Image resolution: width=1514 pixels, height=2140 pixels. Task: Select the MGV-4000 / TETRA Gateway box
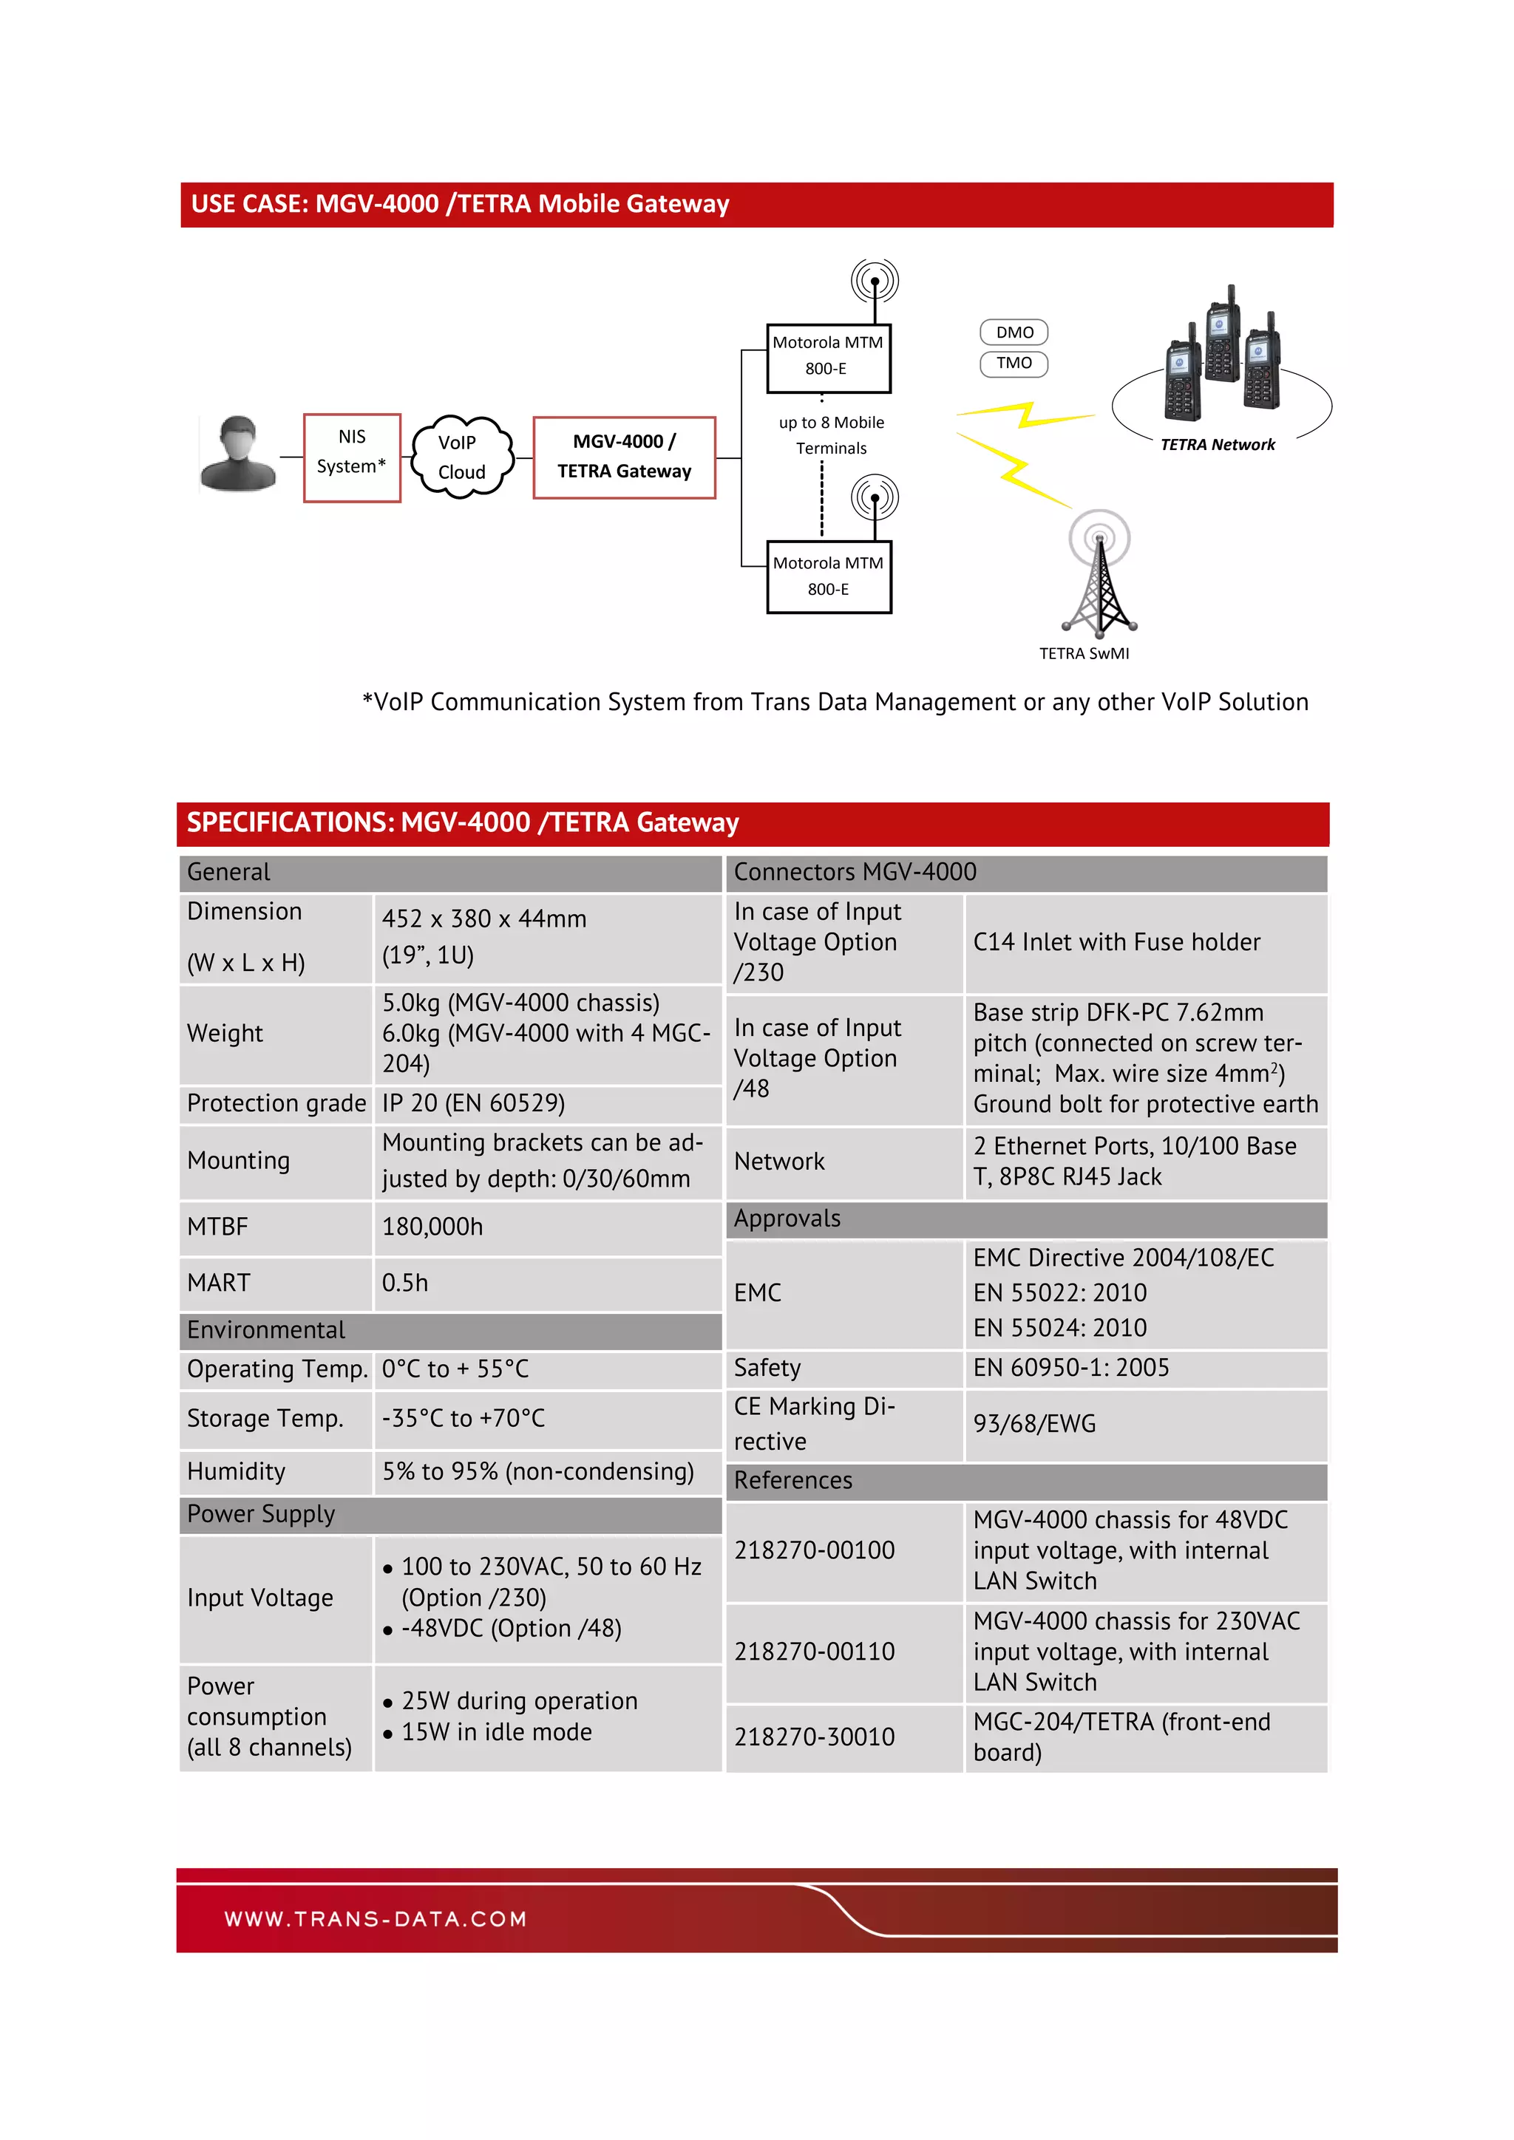pos(624,457)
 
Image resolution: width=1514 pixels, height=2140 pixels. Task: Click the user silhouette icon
pos(239,453)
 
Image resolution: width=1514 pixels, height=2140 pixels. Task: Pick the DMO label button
pos(1014,332)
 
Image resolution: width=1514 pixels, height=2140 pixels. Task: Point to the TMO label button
pos(1014,363)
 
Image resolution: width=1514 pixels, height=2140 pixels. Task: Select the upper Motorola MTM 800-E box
pos(828,358)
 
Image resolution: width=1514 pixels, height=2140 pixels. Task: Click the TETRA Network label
pos(1217,445)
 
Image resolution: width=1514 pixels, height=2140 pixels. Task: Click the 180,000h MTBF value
pos(432,1227)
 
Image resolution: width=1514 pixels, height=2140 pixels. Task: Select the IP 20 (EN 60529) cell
pos(474,1103)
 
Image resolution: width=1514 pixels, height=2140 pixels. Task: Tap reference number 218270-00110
pos(814,1652)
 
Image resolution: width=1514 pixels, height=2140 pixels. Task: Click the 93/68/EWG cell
pos(1034,1423)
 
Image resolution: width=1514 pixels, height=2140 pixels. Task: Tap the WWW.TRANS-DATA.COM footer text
pos(376,1919)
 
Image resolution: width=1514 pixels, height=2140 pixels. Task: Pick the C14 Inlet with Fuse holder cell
pos(1116,942)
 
